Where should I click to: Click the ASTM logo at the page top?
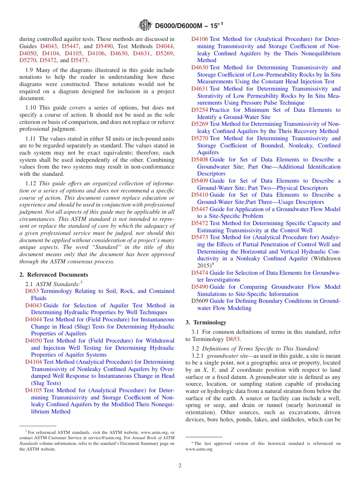pyautogui.click(x=145, y=25)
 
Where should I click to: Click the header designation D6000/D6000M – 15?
pyautogui.click(x=189, y=26)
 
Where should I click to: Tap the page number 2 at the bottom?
pyautogui.click(x=180, y=465)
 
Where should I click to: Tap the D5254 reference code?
pyautogui.click(x=199, y=110)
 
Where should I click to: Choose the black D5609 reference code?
pyautogui.click(x=199, y=301)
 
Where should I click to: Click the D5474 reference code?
pyautogui.click(x=199, y=273)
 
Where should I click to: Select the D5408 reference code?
pyautogui.click(x=199, y=160)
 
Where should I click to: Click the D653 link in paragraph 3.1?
pyautogui.click(x=233, y=339)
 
